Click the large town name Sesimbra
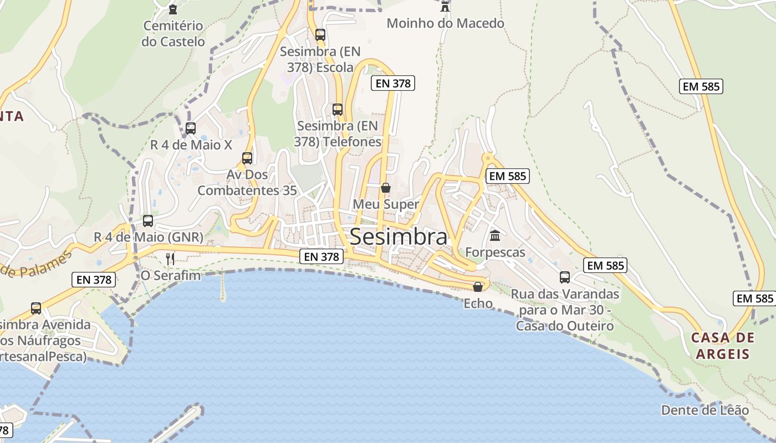click(399, 236)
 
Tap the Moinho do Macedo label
click(445, 23)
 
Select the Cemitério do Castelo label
click(173, 33)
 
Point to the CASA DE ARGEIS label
click(723, 346)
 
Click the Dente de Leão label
click(704, 410)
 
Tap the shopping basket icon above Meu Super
click(386, 188)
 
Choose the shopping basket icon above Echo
click(477, 286)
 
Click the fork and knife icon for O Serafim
click(170, 259)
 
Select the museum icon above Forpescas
click(495, 236)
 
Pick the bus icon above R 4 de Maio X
click(191, 128)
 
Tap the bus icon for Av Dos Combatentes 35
click(247, 158)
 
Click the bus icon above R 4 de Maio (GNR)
click(148, 221)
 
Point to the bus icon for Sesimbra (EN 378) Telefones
click(338, 110)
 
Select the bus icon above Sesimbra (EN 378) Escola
click(320, 35)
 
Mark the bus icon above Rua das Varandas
click(565, 277)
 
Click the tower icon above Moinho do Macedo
click(445, 7)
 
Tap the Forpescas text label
click(495, 253)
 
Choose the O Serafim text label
click(171, 275)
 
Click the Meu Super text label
click(386, 204)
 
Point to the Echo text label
click(478, 303)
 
